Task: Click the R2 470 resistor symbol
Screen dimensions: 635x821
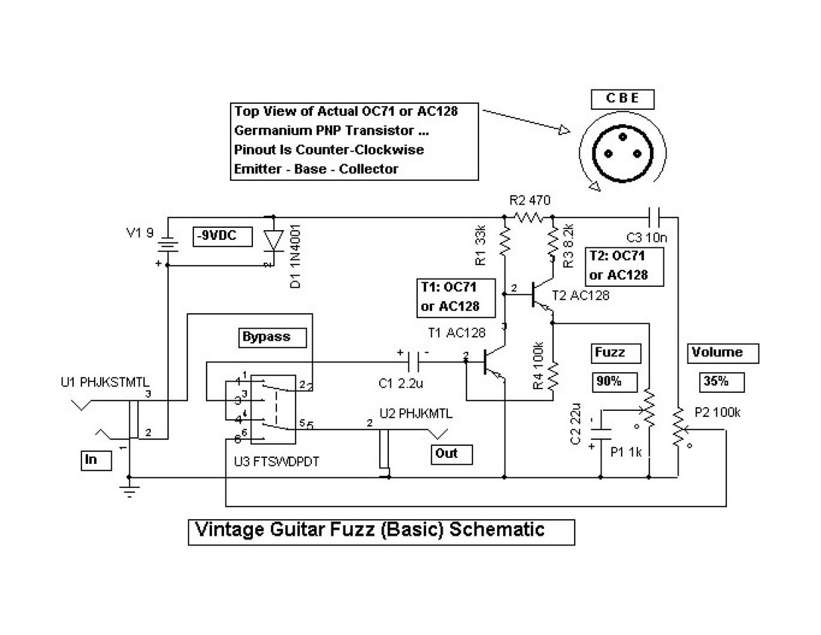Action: [528, 217]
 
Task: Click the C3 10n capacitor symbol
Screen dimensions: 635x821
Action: [654, 217]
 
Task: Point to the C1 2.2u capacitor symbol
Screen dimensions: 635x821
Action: [415, 362]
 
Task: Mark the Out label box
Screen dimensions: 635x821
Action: [452, 453]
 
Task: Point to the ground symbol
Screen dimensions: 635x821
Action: [129, 492]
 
